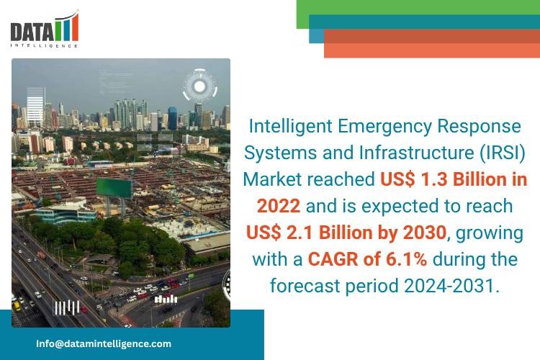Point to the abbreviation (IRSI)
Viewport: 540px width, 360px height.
tap(498, 153)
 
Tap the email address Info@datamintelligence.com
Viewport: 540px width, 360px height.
tap(104, 343)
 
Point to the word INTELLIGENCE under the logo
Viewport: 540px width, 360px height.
tap(44, 45)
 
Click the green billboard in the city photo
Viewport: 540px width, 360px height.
tap(114, 188)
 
